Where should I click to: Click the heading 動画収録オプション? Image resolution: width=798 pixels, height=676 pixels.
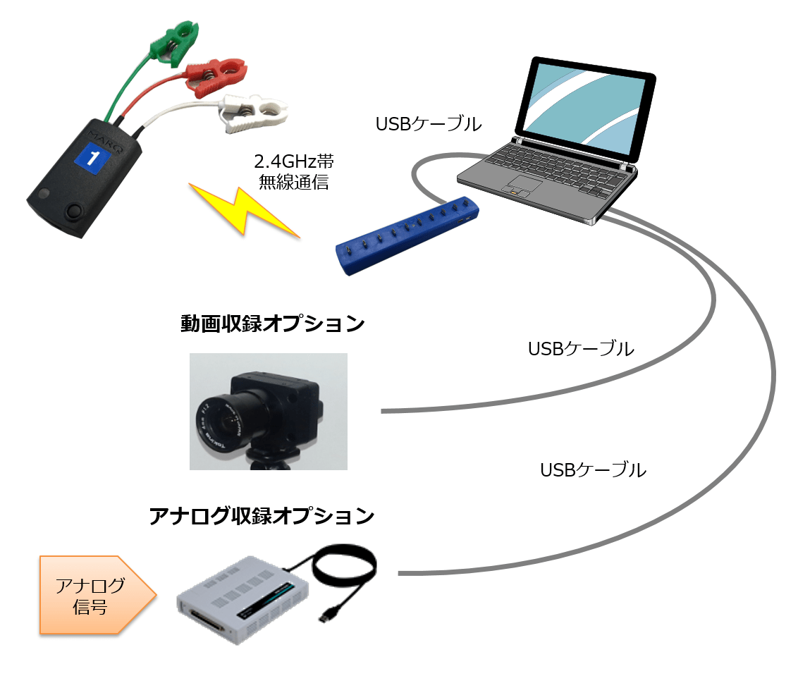[x=273, y=324]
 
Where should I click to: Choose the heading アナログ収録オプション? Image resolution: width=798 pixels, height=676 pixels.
[x=262, y=516]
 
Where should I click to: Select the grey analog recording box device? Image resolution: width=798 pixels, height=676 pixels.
[x=240, y=599]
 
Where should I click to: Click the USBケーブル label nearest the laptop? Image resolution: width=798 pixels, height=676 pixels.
[x=429, y=124]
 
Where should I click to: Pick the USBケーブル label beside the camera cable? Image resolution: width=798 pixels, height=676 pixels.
[x=581, y=348]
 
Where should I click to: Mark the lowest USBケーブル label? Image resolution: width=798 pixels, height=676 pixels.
[x=593, y=470]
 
